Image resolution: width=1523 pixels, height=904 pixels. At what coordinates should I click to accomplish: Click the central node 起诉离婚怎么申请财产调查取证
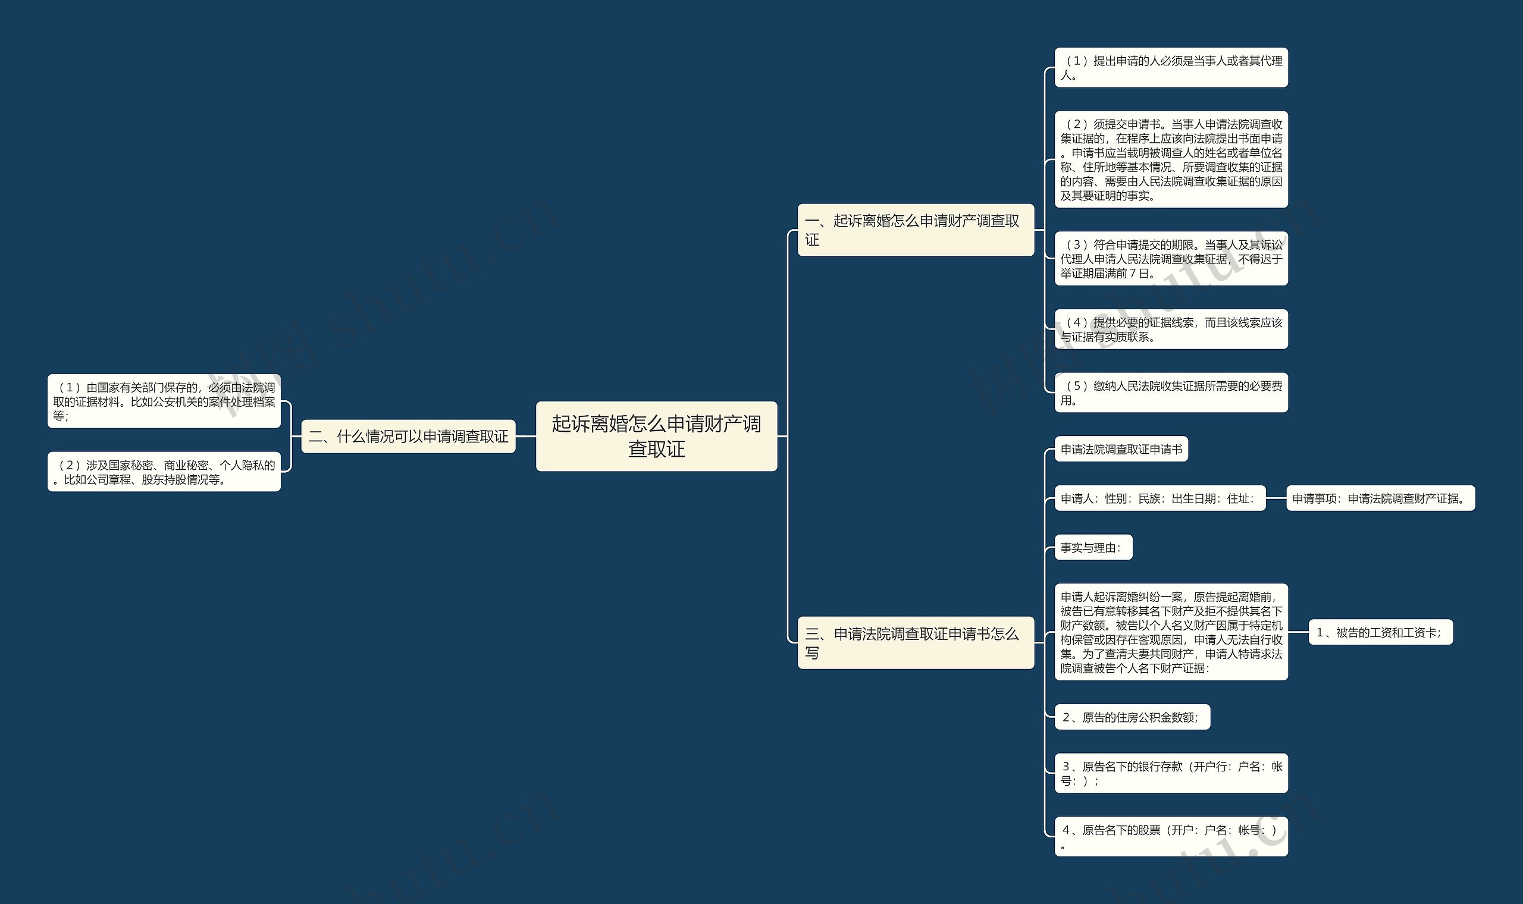pyautogui.click(x=656, y=436)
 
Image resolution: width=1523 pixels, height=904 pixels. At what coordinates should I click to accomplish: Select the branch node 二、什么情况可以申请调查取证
pyautogui.click(x=408, y=436)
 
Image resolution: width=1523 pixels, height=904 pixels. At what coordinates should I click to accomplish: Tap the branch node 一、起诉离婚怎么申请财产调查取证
pyautogui.click(x=915, y=230)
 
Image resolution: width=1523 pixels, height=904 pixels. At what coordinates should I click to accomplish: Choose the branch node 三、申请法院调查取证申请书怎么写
pyautogui.click(x=915, y=643)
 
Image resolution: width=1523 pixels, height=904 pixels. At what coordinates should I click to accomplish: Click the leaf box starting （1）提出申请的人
pyautogui.click(x=1170, y=68)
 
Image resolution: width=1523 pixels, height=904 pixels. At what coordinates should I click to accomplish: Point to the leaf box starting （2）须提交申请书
pyautogui.click(x=1170, y=159)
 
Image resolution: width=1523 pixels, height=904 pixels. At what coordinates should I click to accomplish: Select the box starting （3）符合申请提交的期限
pyautogui.click(x=1170, y=259)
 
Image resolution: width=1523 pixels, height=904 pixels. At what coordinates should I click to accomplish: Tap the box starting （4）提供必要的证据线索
pyautogui.click(x=1170, y=329)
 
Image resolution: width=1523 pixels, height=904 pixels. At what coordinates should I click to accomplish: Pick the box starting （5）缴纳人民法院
pyautogui.click(x=1170, y=393)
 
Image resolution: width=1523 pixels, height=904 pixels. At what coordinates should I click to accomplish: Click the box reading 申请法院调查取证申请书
pyautogui.click(x=1121, y=450)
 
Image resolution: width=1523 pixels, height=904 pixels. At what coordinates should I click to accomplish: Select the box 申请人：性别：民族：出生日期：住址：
pyautogui.click(x=1160, y=498)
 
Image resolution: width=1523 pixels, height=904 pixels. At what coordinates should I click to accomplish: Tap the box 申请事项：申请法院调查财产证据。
pyautogui.click(x=1380, y=498)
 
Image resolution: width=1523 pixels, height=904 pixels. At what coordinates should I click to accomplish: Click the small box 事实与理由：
pyautogui.click(x=1093, y=548)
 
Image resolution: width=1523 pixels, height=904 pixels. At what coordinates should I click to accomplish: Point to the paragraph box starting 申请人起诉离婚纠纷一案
pyautogui.click(x=1170, y=632)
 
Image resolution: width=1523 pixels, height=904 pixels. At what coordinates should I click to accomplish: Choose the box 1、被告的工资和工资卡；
pyautogui.click(x=1380, y=632)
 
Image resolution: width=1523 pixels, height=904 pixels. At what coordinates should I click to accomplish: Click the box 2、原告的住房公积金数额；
pyautogui.click(x=1132, y=717)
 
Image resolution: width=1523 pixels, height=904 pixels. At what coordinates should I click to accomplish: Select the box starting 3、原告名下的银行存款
pyautogui.click(x=1170, y=773)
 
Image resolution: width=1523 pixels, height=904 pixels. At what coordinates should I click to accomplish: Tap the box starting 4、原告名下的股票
pyautogui.click(x=1170, y=836)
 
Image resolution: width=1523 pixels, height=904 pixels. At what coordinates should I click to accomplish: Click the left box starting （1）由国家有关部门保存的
pyautogui.click(x=164, y=401)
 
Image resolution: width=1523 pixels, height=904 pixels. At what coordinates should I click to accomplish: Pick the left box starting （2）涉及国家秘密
pyautogui.click(x=164, y=472)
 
